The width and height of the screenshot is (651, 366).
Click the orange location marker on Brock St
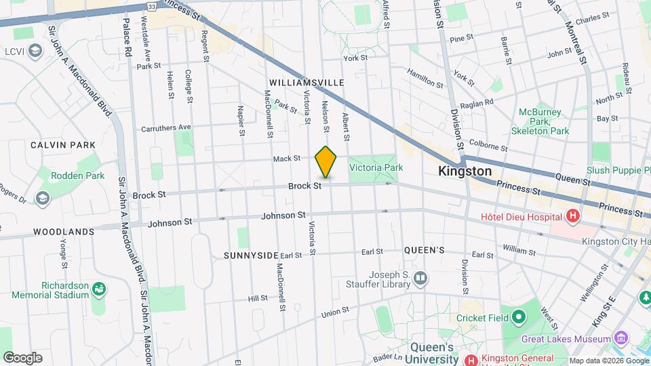325,162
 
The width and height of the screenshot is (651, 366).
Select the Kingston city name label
465,171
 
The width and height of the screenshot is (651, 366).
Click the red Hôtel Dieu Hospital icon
573,217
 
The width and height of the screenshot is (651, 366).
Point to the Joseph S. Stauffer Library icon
420,278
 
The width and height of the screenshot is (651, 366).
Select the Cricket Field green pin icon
519,317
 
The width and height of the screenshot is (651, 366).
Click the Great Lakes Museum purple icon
620,338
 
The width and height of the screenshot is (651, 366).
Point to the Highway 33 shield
152,6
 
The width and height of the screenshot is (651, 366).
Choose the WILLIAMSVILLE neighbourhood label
307,83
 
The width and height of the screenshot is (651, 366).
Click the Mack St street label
286,159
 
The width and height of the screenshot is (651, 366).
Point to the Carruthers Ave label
166,127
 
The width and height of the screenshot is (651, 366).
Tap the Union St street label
334,311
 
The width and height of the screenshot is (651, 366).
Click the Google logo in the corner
22,357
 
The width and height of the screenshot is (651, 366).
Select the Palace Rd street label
127,42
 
